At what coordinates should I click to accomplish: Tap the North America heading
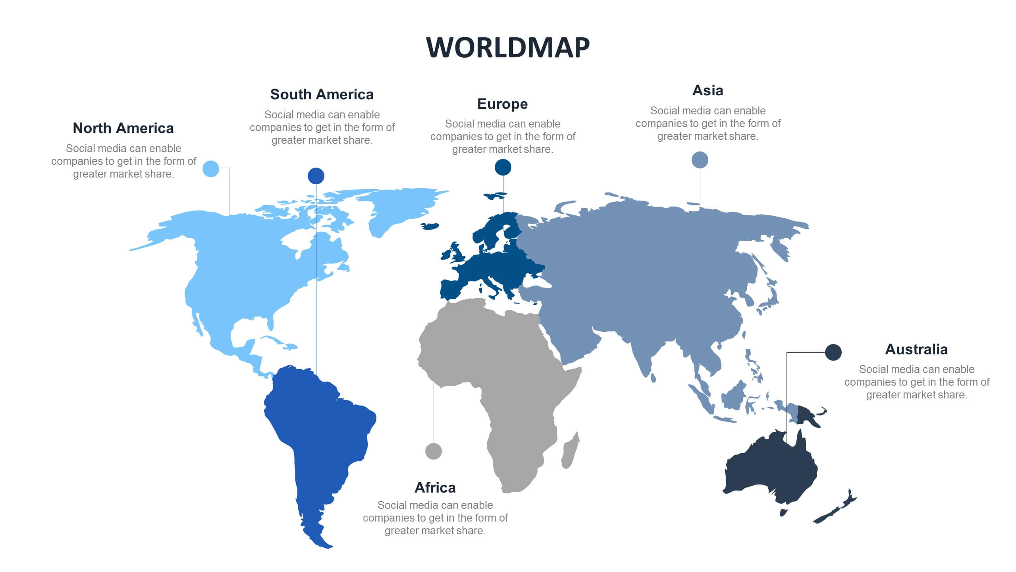(x=123, y=128)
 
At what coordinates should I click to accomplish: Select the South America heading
(x=322, y=95)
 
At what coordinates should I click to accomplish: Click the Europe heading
(x=502, y=104)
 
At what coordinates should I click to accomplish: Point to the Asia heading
(x=708, y=91)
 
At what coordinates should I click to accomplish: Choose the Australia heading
(x=916, y=350)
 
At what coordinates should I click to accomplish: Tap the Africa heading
(x=435, y=488)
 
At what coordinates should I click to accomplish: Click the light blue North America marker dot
(x=211, y=169)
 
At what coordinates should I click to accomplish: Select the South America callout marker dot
(x=316, y=176)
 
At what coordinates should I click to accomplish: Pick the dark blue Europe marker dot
(x=503, y=167)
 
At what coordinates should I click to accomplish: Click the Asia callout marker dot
(x=700, y=160)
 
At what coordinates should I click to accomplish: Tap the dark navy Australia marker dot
(x=833, y=352)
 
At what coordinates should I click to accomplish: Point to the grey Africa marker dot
(x=433, y=451)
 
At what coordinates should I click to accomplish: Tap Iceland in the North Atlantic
(x=431, y=226)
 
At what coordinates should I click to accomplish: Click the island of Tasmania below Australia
(x=783, y=513)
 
